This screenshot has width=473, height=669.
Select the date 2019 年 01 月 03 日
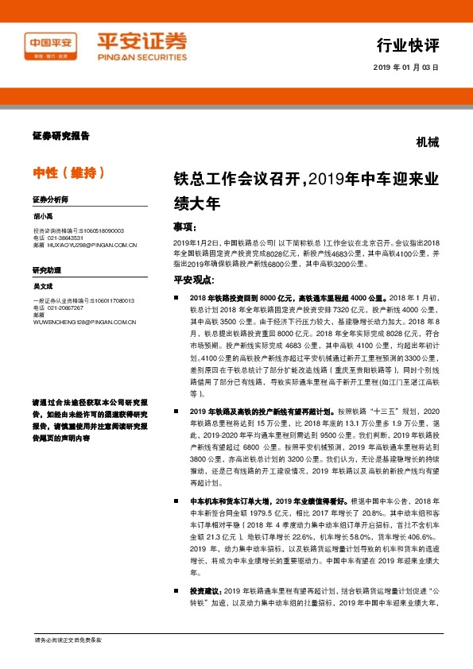pos(405,68)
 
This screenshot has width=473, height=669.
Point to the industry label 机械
pos(426,144)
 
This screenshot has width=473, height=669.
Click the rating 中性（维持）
pos(68,172)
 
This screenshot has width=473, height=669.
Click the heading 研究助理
pos(46,270)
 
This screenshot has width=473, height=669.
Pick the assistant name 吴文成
pos(43,285)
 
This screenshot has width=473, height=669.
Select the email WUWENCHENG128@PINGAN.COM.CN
pos(85,322)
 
